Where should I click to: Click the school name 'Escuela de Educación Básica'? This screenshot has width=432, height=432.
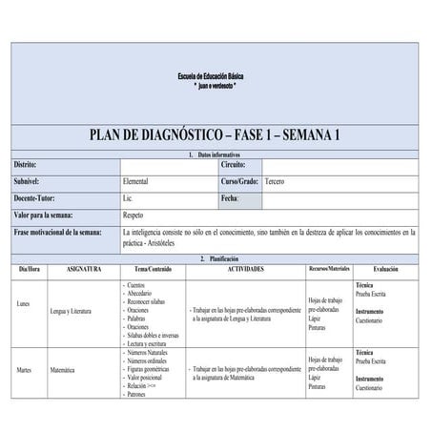(215, 75)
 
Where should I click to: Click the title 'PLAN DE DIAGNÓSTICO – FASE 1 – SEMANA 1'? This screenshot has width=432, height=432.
(215, 135)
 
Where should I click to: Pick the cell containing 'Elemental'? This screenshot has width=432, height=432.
(136, 180)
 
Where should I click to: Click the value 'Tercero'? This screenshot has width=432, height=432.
(276, 180)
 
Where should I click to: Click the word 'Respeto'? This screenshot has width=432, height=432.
(134, 215)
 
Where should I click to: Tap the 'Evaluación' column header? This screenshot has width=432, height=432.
(386, 270)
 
